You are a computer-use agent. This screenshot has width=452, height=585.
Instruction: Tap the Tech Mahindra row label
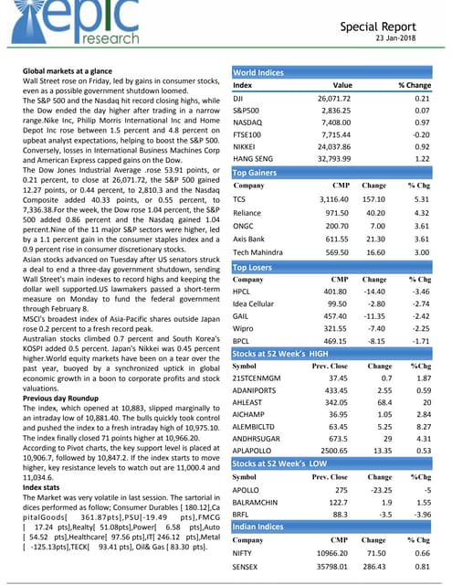coord(262,251)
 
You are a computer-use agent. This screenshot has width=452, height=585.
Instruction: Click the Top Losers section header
coord(257,266)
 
